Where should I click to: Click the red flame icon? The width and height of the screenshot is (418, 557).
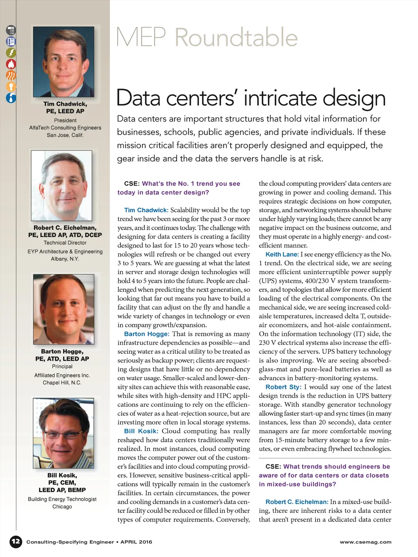tap(11, 64)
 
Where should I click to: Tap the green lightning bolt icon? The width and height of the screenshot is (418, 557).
tap(11, 53)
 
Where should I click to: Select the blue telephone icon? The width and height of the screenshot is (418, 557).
tap(11, 42)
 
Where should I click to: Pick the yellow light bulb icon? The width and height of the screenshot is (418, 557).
tap(11, 87)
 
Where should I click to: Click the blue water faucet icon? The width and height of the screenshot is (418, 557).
tap(11, 98)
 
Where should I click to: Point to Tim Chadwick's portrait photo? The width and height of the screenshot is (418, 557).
tap(63, 62)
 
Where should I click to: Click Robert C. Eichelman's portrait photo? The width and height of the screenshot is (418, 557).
tap(62, 186)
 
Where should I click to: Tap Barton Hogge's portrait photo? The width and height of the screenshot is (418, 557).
tap(63, 309)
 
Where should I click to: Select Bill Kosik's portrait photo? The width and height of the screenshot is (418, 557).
tap(63, 433)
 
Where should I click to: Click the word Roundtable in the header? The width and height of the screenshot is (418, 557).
tap(236, 38)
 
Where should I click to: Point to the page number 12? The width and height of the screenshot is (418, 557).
tap(16, 541)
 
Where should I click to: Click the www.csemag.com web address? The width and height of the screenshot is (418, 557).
tap(365, 542)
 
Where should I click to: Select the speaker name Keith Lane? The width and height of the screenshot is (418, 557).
tap(282, 254)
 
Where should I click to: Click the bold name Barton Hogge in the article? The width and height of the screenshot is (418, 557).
tap(147, 334)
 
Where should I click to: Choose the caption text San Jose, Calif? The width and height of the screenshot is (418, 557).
tap(65, 135)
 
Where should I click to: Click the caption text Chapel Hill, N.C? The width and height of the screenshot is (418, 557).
tap(62, 383)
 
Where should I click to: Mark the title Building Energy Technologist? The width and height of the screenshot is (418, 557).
tap(62, 499)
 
